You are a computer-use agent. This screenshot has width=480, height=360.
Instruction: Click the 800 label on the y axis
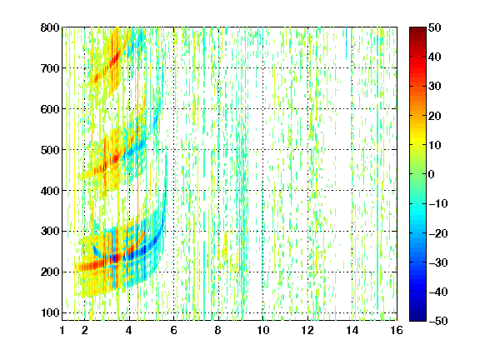pos(50,27)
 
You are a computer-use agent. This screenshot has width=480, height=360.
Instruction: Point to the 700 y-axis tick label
pos(50,68)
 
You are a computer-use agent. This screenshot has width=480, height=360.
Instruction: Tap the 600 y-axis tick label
pos(50,109)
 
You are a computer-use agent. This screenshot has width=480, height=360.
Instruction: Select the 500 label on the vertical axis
pos(50,150)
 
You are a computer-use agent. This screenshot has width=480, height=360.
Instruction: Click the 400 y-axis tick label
pos(50,191)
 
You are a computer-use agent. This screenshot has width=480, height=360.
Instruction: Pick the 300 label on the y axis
pos(50,232)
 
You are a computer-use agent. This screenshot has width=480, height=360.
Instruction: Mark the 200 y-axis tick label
pos(50,272)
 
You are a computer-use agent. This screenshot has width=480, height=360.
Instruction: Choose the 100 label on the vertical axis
pos(50,312)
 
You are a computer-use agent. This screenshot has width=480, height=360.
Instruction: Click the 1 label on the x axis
pos(62,330)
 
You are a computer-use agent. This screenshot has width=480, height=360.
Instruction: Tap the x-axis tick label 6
pos(174,330)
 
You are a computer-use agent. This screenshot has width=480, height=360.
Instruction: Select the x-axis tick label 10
pos(263,330)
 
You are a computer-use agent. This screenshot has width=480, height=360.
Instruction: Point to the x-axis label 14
pos(352,330)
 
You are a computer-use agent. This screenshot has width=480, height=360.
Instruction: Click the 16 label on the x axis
pos(397,330)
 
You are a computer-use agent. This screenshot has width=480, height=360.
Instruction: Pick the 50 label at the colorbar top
pos(434,27)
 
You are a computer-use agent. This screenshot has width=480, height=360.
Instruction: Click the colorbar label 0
pos(432,174)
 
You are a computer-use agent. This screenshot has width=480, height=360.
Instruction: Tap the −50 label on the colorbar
pos(438,321)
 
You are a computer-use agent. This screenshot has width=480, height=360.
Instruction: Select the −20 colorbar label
pos(438,233)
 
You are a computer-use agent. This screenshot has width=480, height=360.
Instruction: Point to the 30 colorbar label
pos(434,87)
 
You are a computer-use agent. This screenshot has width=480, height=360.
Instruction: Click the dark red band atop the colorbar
pos(417,33)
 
